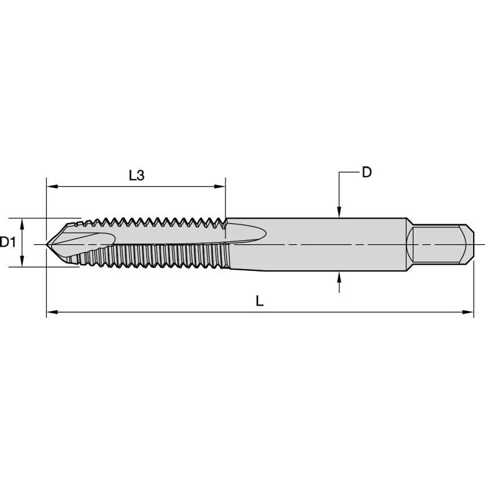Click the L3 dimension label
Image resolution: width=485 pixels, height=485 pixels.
pyautogui.click(x=136, y=175)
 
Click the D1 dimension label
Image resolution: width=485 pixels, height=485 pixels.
pyautogui.click(x=7, y=242)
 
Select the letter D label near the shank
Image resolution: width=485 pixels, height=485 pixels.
pyautogui.click(x=367, y=172)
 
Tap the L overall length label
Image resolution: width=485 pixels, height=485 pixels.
pyautogui.click(x=260, y=302)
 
